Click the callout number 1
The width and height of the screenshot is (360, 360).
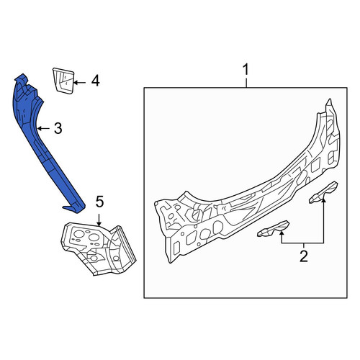(x=246, y=70)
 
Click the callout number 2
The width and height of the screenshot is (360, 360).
(x=304, y=256)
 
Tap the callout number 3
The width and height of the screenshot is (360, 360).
(x=58, y=128)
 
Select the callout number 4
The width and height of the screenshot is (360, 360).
(x=95, y=81)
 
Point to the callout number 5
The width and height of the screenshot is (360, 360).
(x=99, y=202)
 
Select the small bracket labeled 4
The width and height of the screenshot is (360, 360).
(x=63, y=81)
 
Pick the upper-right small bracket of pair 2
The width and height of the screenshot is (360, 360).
(x=323, y=193)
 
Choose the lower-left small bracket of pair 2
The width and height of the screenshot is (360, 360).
(x=273, y=229)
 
